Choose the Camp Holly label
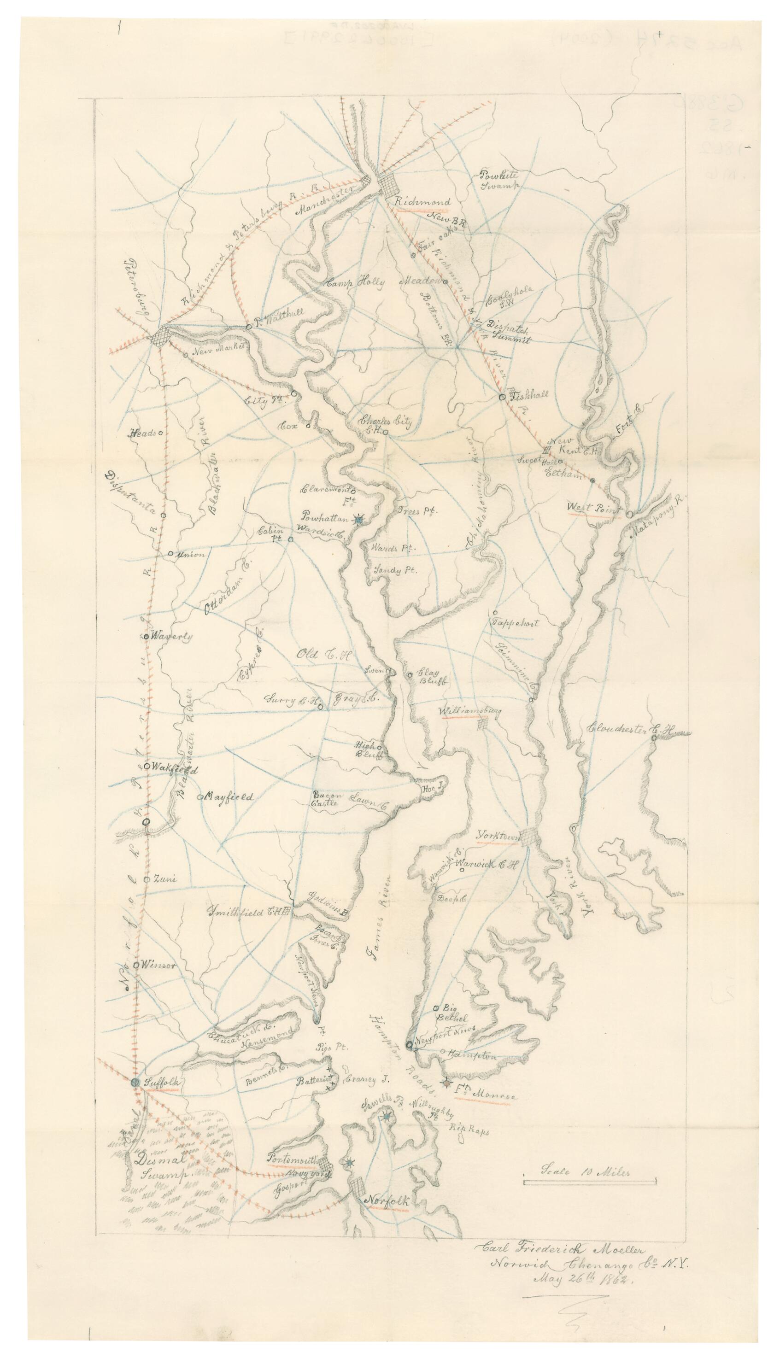click(x=355, y=282)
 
